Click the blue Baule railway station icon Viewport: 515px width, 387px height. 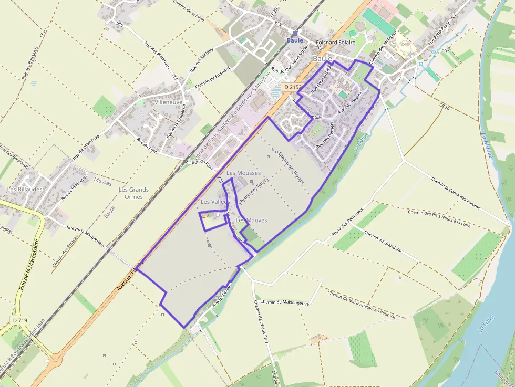coord(294,33)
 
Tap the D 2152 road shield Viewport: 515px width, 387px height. coord(293,87)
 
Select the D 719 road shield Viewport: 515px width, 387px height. coord(20,320)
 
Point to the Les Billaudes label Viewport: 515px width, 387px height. coord(25,189)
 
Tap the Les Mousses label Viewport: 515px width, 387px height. coord(243,173)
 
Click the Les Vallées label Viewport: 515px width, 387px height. coord(215,202)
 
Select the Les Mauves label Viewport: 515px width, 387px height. coord(251,220)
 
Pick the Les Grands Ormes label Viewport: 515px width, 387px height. coord(133,193)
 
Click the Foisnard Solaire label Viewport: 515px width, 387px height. coord(336,42)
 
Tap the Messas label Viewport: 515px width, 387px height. coord(103,180)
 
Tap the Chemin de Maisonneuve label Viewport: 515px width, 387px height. coord(284,302)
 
